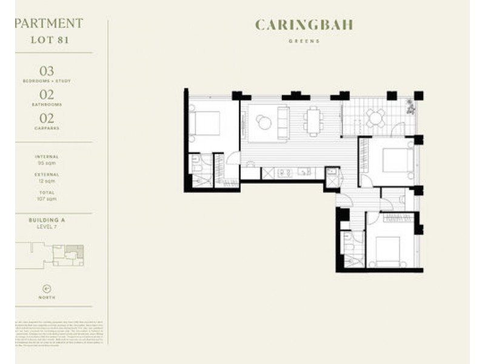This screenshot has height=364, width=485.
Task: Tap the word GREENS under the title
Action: [x=304, y=42]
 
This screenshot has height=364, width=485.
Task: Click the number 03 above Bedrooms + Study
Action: [x=47, y=72]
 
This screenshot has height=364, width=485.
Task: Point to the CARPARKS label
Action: [x=47, y=128]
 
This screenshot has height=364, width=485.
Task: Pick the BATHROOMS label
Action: [x=47, y=104]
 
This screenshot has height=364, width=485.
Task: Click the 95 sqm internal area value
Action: [x=47, y=163]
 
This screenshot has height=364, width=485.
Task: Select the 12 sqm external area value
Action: [x=47, y=181]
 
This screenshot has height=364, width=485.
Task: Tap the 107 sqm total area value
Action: [x=47, y=198]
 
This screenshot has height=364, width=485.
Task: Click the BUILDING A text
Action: [x=47, y=220]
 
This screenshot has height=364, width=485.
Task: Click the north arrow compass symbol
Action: [x=47, y=288]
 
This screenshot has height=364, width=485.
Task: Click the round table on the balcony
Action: [x=375, y=118]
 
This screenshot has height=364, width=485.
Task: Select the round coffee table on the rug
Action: [x=264, y=123]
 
